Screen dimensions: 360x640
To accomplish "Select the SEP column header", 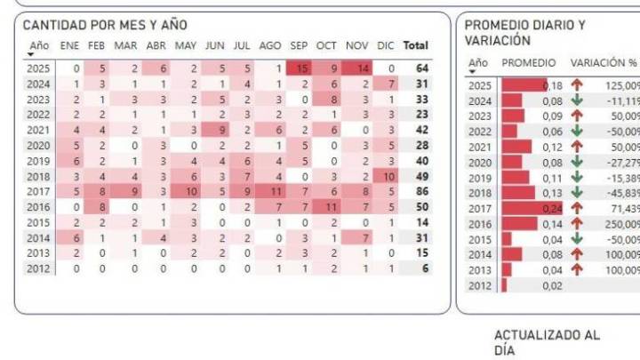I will [x=299, y=45].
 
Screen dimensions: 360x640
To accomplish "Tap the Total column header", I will [x=415, y=45].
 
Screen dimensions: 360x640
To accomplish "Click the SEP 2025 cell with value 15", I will [x=302, y=68].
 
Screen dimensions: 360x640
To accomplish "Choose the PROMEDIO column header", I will [x=529, y=63].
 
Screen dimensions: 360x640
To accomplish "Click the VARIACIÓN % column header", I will [x=604, y=63].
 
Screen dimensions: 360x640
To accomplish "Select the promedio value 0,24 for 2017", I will [x=552, y=207].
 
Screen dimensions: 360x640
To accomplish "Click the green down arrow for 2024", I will [x=577, y=100].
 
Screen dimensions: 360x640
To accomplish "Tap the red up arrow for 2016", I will [x=577, y=223].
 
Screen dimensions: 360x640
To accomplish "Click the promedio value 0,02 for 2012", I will [x=552, y=285].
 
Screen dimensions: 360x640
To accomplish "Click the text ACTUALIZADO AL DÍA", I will [x=547, y=342].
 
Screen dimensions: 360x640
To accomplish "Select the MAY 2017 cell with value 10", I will [x=188, y=192].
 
